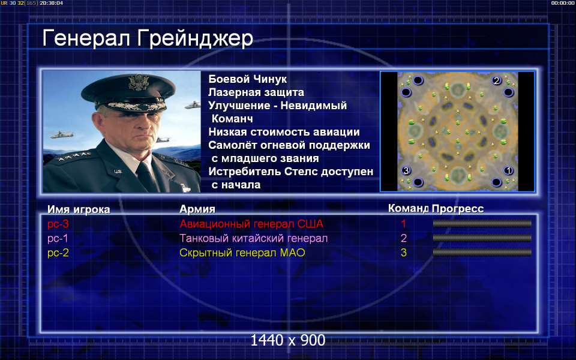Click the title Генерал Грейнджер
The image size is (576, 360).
148,39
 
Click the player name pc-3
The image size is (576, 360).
58,224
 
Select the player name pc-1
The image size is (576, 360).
58,238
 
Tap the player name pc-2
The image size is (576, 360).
58,253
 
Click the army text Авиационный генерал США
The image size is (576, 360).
251,224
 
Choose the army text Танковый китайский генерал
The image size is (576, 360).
253,238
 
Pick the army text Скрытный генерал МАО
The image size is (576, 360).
242,253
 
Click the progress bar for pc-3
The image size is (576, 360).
482,223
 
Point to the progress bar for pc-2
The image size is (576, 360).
482,253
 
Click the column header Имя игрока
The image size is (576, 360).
79,209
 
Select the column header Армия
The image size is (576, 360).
197,209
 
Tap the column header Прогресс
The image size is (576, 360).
458,209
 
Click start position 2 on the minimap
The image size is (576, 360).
497,80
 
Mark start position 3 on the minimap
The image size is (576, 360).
406,170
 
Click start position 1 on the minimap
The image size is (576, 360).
508,170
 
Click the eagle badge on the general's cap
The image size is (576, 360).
138,82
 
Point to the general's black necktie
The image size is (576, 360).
146,176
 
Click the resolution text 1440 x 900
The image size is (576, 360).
288,341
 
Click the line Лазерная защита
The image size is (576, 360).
256,92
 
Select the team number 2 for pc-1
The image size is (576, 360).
404,238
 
